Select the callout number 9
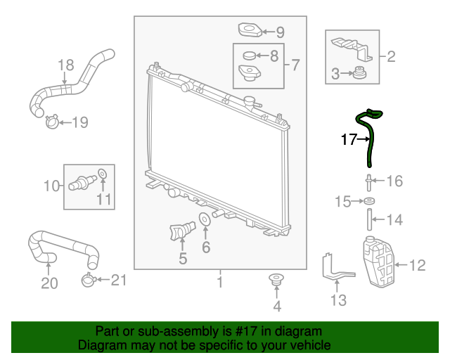pos(280,32)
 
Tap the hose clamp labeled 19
pos(52,122)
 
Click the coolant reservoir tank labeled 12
pos(379,262)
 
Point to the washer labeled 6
pos(205,219)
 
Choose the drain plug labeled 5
pos(182,230)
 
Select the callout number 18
pos(66,65)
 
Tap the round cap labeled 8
pos(249,56)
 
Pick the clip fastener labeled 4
pos(276,280)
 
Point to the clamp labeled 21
pos(89,280)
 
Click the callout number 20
pos(49,283)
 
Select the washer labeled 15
pos(369,201)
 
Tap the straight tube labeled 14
pos(369,219)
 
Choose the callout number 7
pos(295,65)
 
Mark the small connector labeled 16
pos(369,183)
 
